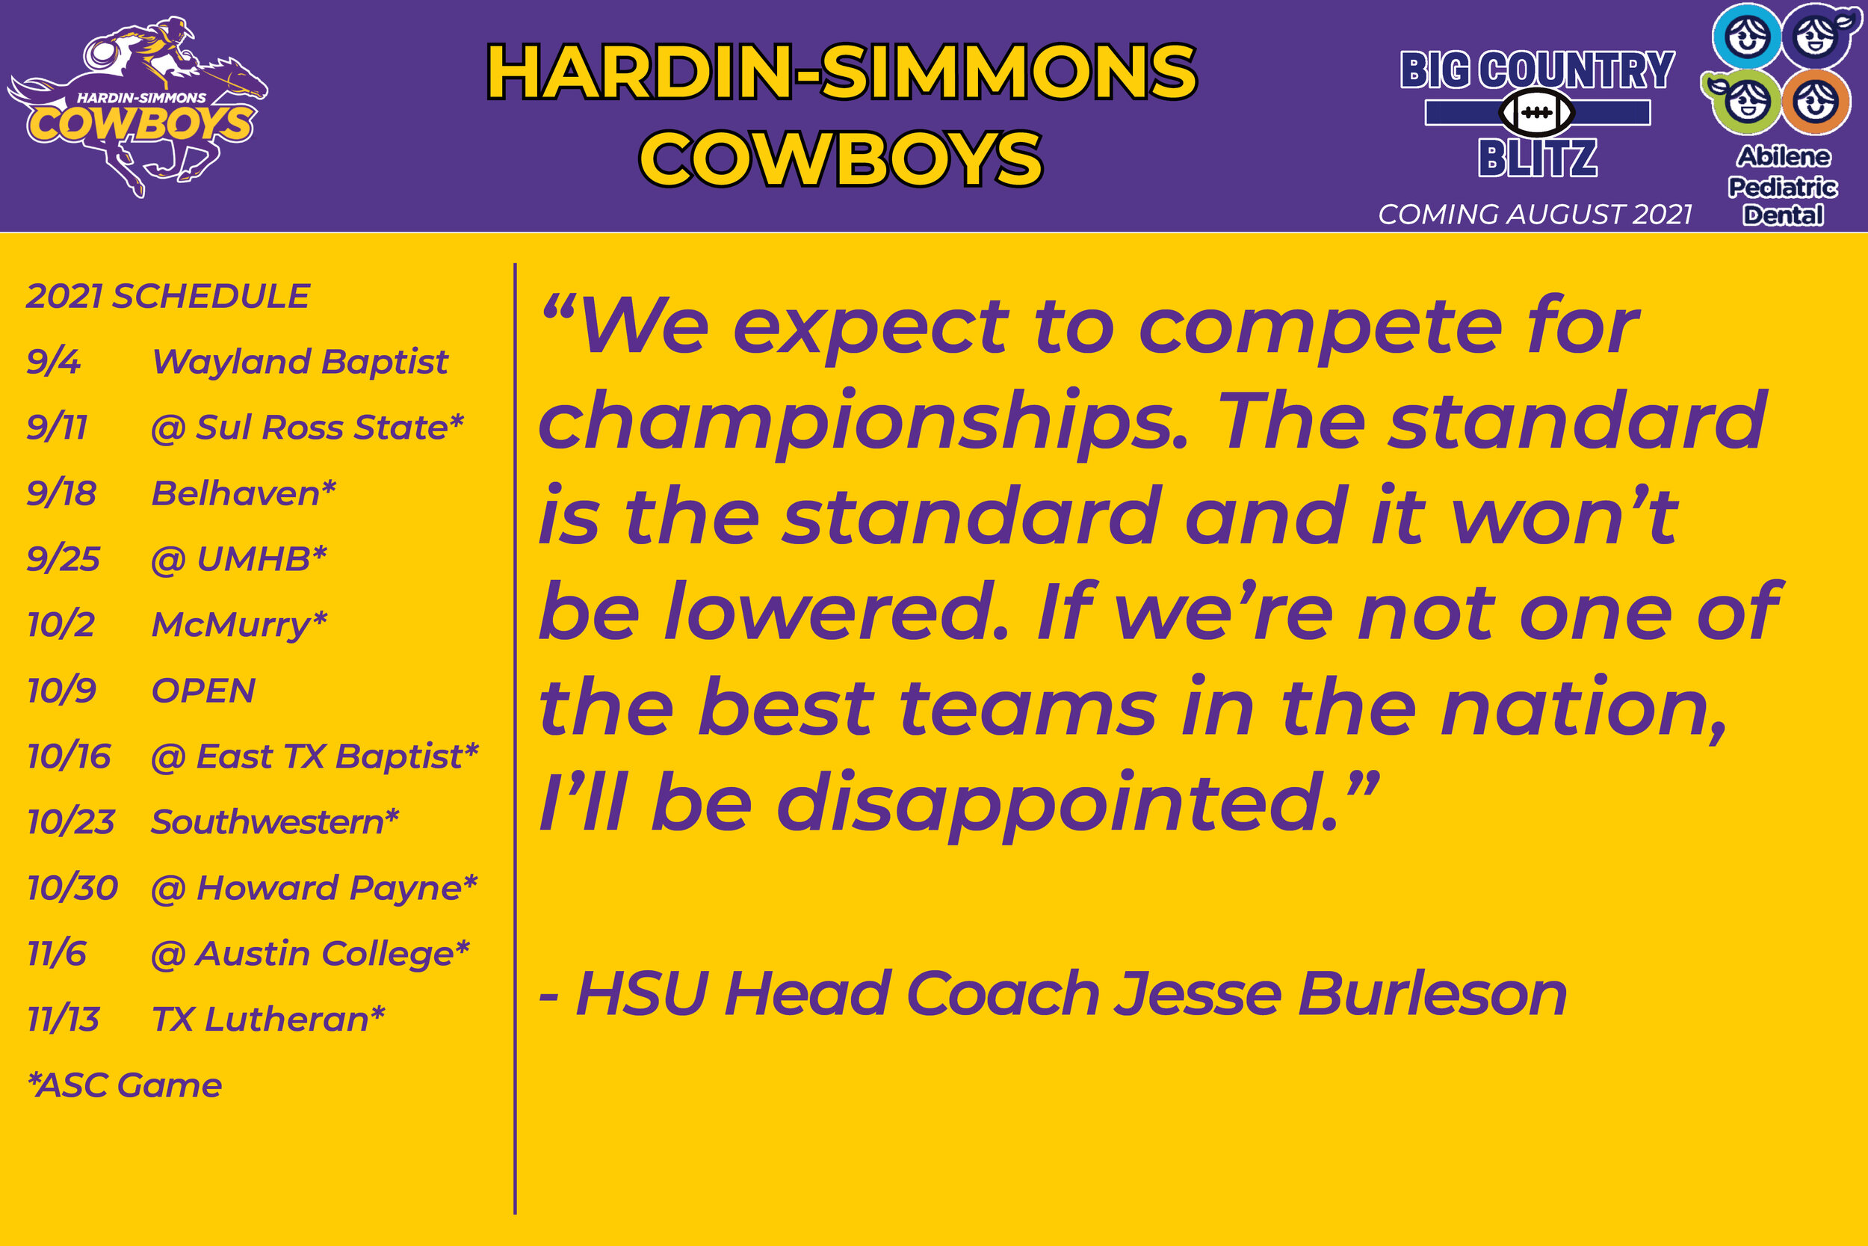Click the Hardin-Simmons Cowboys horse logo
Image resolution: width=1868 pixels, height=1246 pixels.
139,108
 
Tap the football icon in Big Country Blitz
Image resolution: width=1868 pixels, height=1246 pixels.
1537,113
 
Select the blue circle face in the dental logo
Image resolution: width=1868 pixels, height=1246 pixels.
1746,37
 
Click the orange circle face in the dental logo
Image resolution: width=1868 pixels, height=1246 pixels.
1816,102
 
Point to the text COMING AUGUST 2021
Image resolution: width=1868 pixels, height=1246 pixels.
1535,215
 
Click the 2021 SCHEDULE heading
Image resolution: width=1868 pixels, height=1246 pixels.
167,297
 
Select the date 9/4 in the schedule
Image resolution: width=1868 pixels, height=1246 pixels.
54,363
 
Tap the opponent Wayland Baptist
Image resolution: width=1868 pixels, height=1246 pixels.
300,363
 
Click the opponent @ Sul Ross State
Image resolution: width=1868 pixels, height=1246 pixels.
306,428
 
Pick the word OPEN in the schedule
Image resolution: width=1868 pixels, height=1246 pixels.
203,691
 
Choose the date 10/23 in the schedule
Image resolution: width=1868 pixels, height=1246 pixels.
72,822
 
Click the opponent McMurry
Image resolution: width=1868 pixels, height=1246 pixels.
238,626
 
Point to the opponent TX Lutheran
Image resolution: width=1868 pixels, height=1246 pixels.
267,1020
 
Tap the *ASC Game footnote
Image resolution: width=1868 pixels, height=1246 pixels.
125,1085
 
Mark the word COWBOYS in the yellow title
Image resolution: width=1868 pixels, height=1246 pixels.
841,159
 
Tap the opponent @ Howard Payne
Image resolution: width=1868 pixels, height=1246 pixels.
314,889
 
